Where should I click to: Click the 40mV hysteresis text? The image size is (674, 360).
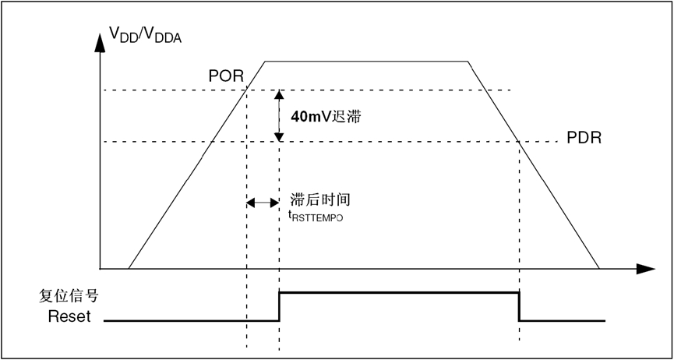pos(326,117)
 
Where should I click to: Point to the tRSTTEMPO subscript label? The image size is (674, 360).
pos(316,217)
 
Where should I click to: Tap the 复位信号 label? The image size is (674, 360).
pos(69,297)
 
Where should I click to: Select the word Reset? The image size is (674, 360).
pos(69,316)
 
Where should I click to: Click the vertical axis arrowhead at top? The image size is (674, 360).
pos(101,44)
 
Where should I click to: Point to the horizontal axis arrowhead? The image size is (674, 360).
pos(645,270)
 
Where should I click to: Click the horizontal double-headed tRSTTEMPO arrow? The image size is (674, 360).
pos(263,203)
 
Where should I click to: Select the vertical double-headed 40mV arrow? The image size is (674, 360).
pos(278,115)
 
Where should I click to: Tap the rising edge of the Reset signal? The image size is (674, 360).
pos(279,306)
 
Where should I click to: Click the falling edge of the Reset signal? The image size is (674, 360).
pos(519,306)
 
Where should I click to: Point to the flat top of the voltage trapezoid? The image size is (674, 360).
pos(366,61)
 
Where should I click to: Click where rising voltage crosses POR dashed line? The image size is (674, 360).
pos(246,90)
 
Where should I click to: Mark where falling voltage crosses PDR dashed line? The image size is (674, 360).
pos(519,141)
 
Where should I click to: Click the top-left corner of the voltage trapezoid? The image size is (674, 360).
pos(266,61)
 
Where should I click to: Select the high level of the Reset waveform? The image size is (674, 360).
pos(397,292)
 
